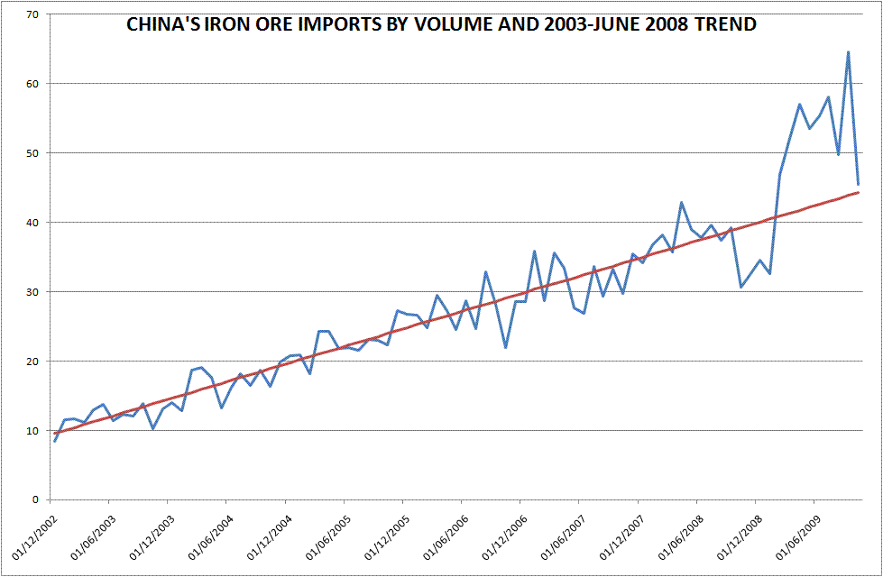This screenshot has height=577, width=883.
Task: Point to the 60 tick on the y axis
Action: point(33,84)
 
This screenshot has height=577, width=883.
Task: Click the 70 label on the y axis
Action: point(33,14)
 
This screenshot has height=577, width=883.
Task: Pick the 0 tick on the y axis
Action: point(37,499)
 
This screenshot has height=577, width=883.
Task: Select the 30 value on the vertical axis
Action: point(33,292)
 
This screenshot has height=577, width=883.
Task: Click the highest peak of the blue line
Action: point(848,52)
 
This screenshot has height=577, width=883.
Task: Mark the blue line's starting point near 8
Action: point(54,441)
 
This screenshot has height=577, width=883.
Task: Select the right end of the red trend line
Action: point(858,192)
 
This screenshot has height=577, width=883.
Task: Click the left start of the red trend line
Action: point(54,434)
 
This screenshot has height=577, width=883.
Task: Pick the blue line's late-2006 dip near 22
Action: point(506,347)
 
